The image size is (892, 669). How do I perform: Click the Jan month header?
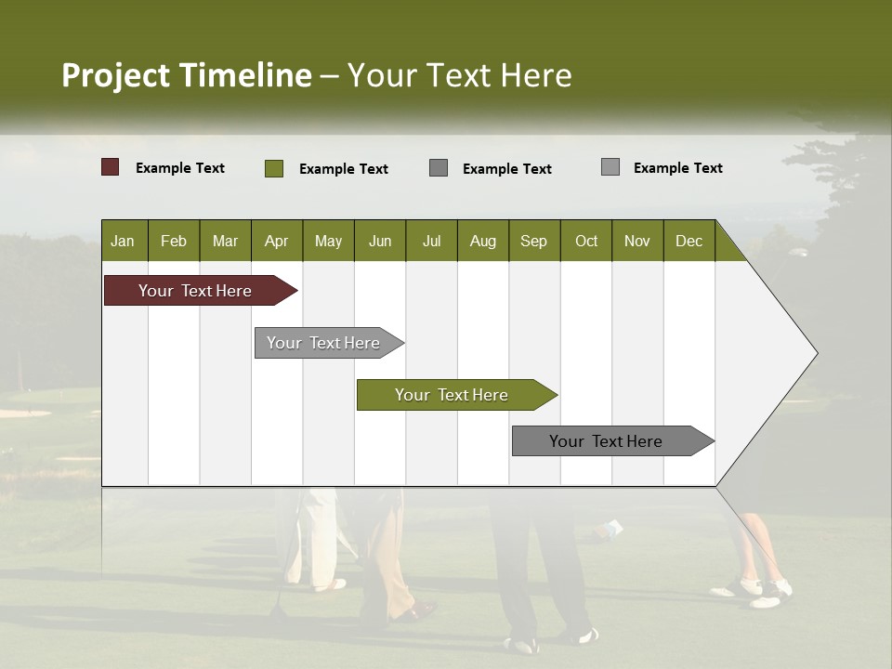coord(123,241)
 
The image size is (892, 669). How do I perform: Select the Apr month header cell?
coord(276,241)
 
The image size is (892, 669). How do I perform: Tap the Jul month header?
coord(431,241)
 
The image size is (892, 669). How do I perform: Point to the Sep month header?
coord(533,241)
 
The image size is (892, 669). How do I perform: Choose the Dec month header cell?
coord(689,241)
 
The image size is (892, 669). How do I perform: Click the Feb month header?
coord(174,241)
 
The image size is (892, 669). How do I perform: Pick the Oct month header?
coord(586,241)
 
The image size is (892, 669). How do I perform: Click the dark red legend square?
coord(110,167)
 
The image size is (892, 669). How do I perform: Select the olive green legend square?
coord(274,168)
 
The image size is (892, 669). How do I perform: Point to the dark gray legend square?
coord(439,167)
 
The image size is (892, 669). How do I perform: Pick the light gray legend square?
coord(610,167)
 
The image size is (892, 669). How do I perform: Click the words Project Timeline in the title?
coord(186,75)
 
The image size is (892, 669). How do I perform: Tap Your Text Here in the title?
coord(459,75)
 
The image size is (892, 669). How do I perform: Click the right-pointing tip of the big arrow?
coord(812,353)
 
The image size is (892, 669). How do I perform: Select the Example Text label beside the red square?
coord(180,168)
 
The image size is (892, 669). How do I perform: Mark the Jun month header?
coord(380,241)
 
